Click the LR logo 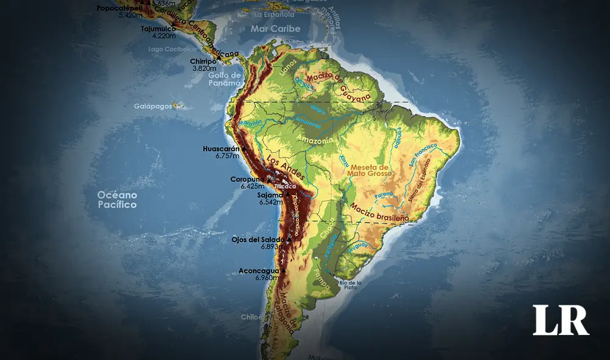click(561, 320)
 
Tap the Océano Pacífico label click(117, 200)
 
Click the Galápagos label click(152, 106)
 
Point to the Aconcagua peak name click(259, 270)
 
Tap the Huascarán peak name click(221, 148)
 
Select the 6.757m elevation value click(227, 156)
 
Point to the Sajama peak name click(270, 195)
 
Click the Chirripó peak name click(203, 61)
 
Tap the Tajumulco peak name click(154, 28)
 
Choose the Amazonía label click(315, 140)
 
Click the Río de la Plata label click(351, 284)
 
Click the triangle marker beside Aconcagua click(284, 270)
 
